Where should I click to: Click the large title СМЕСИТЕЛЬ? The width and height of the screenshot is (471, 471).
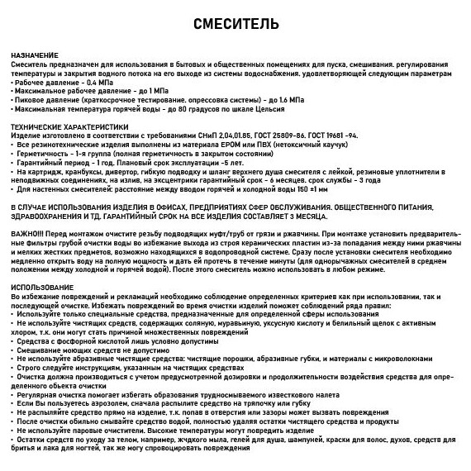point(235,21)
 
